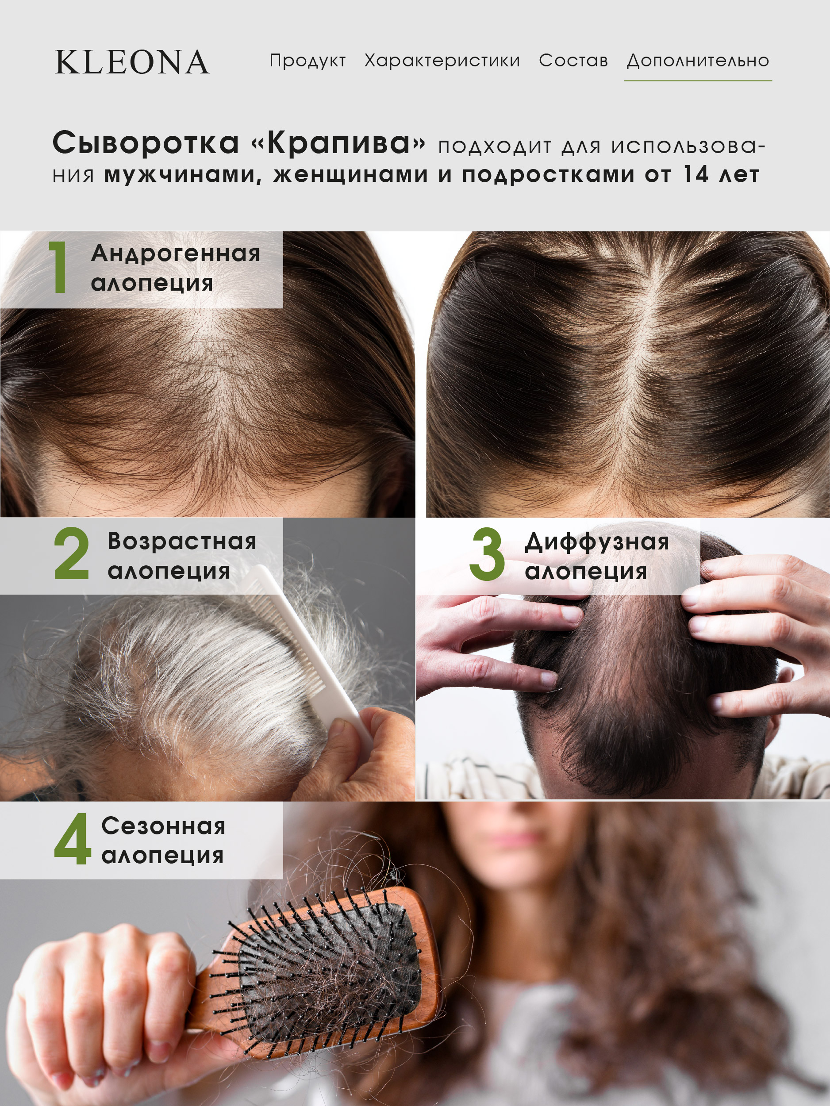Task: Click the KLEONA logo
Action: (132, 62)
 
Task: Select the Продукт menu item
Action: (307, 61)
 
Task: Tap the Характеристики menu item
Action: (442, 61)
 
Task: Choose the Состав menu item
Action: (573, 61)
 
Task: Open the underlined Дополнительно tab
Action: (698, 61)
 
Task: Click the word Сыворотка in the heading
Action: (146, 143)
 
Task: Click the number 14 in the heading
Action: (696, 174)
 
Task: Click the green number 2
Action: (72, 554)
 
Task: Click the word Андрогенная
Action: (176, 253)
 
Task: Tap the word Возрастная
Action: (182, 541)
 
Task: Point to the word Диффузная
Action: (596, 541)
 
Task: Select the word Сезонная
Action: (164, 826)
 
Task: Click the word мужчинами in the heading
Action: (182, 174)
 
